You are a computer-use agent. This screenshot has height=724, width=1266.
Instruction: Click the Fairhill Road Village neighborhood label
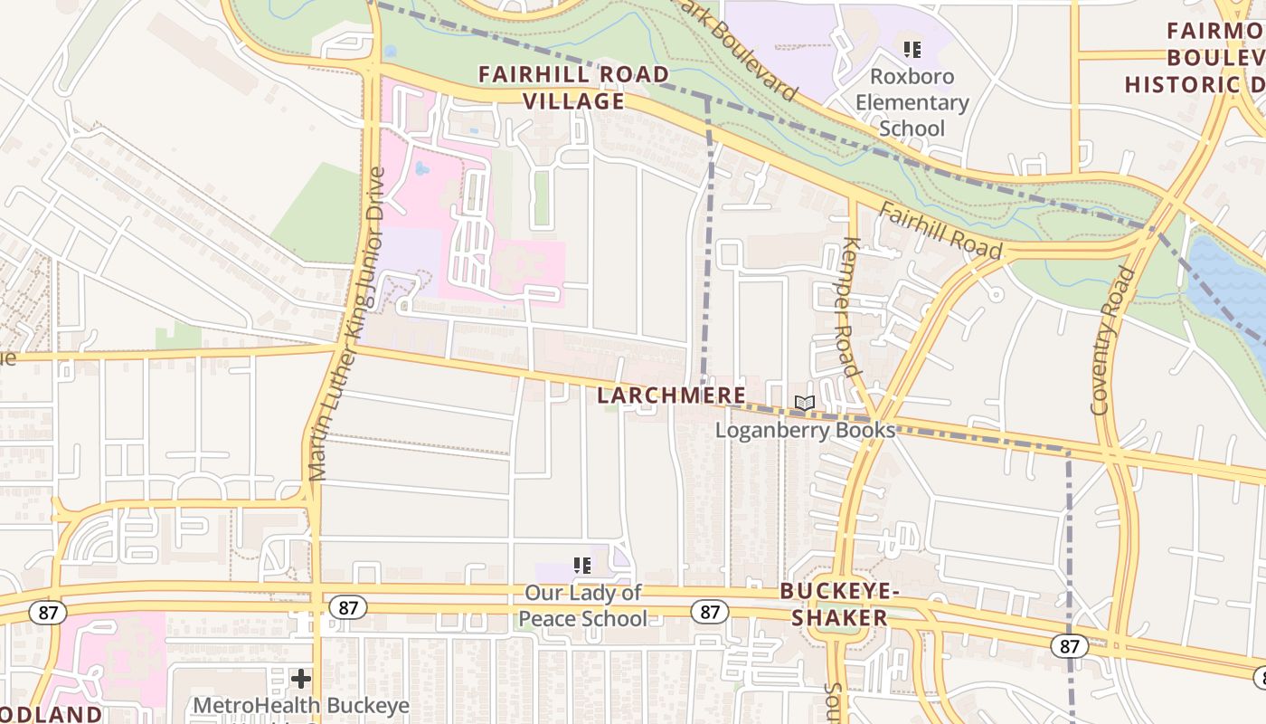(x=573, y=87)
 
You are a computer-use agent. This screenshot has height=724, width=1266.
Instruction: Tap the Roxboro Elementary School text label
(x=912, y=103)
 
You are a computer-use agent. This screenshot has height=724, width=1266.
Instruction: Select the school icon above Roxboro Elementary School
(x=912, y=49)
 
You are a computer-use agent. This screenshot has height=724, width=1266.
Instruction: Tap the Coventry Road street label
(x=1113, y=340)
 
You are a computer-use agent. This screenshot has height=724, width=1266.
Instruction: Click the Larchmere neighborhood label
(x=672, y=395)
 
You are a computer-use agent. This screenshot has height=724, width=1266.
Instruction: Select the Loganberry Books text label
(x=805, y=430)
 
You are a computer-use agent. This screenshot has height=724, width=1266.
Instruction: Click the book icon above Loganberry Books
(x=804, y=404)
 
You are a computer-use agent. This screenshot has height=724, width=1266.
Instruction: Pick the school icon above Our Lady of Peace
(x=582, y=567)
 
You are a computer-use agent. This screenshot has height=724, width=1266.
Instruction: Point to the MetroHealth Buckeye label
(x=301, y=706)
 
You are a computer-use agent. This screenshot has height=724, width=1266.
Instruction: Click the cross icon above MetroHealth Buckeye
(x=301, y=678)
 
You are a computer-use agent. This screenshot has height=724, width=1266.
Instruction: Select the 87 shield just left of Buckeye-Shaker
(x=710, y=613)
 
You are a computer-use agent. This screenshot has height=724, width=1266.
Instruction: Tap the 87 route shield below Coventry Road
(x=1069, y=646)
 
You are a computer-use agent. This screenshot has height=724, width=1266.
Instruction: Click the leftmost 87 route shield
(x=47, y=613)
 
